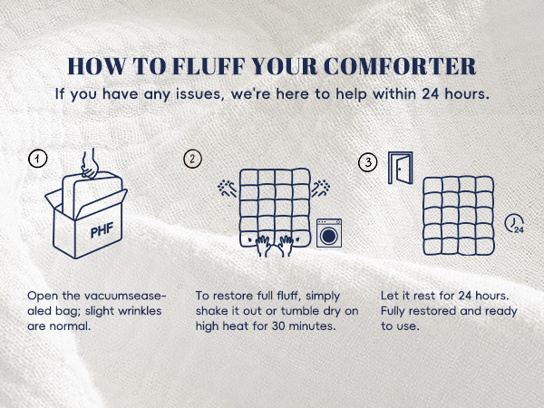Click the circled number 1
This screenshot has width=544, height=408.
click(x=37, y=159)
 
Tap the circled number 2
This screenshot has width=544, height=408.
click(x=192, y=159)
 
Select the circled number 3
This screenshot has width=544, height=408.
click(x=368, y=162)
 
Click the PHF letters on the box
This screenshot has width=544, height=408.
click(x=102, y=230)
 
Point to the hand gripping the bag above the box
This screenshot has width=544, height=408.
click(x=90, y=164)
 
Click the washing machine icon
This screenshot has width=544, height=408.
click(x=329, y=233)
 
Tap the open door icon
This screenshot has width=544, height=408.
click(x=401, y=168)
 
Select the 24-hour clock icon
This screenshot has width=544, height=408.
click(x=514, y=224)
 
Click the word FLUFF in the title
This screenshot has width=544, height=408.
click(x=209, y=66)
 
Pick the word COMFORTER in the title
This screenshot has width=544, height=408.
click(x=400, y=66)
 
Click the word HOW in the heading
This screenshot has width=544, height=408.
click(x=97, y=66)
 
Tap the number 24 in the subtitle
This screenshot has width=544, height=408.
click(x=430, y=94)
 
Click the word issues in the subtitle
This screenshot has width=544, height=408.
click(x=198, y=94)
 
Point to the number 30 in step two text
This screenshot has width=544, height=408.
click(x=278, y=326)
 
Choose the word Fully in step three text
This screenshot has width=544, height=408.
click(x=393, y=311)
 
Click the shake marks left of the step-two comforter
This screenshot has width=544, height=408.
click(x=227, y=189)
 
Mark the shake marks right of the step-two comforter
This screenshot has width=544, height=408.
click(x=321, y=189)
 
